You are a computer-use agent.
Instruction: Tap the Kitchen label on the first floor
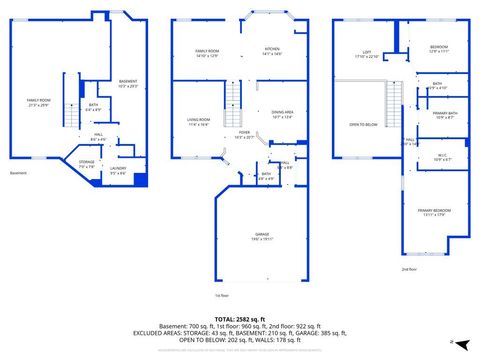coord(272,50)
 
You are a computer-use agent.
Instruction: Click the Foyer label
coord(243,133)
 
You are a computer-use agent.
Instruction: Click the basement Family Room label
coord(37,102)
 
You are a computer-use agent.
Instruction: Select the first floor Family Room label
coord(207,52)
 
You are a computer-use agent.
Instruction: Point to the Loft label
coord(367,54)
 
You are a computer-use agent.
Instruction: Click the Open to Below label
coord(363,125)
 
